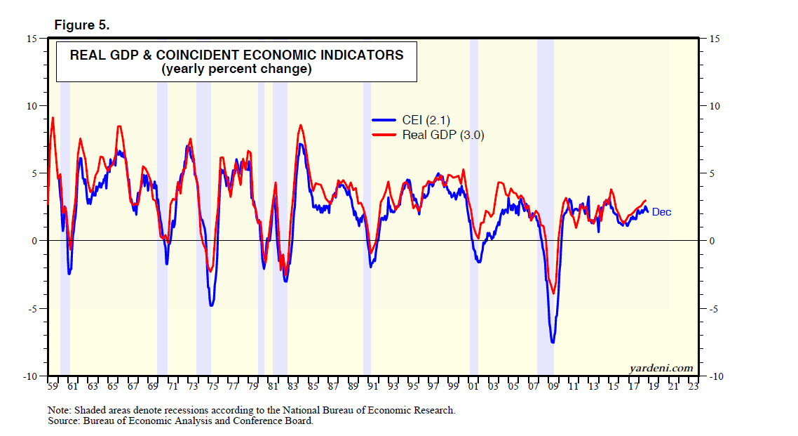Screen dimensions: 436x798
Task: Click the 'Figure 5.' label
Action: tap(82, 25)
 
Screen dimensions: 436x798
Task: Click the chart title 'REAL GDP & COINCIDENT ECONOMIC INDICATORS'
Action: tap(236, 55)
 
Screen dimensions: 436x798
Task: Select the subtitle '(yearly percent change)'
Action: tap(236, 70)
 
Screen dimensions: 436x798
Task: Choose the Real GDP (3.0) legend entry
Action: tap(442, 135)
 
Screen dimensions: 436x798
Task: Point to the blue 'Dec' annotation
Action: tap(661, 212)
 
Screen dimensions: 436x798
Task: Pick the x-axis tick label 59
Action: tap(52, 386)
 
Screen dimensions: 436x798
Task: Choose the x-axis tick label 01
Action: tap(473, 386)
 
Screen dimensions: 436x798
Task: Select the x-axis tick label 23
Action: tap(694, 386)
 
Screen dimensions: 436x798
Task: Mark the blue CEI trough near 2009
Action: tap(553, 342)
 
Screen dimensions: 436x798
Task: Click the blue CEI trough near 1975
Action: tap(211, 305)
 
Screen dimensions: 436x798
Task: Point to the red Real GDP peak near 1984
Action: tap(301, 126)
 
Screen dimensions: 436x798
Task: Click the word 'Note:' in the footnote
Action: tap(60, 410)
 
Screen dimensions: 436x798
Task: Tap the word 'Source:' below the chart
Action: tap(64, 421)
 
